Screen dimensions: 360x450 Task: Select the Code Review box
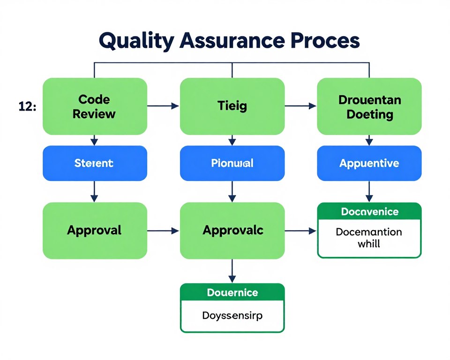tap(95, 106)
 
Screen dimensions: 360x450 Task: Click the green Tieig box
tap(232, 106)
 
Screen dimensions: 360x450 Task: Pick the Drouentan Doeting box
tap(369, 106)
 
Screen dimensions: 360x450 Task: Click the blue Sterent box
tap(95, 163)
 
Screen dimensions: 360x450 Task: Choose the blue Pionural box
tap(232, 163)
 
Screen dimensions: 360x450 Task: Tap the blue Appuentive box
tap(369, 163)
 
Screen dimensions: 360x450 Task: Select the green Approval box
tap(95, 230)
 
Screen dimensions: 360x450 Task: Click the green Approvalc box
tap(232, 230)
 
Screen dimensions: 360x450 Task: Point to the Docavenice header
tap(369, 212)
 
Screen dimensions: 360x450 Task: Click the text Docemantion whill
tap(369, 238)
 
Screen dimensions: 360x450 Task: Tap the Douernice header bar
tap(232, 292)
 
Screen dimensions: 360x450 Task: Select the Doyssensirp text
tap(232, 315)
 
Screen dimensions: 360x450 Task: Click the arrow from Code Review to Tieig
tap(163, 106)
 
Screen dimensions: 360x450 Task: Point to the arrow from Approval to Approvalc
tap(163, 231)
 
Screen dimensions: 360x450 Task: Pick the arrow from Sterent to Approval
tap(94, 191)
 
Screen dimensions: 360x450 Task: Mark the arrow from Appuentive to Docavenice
tap(369, 191)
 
